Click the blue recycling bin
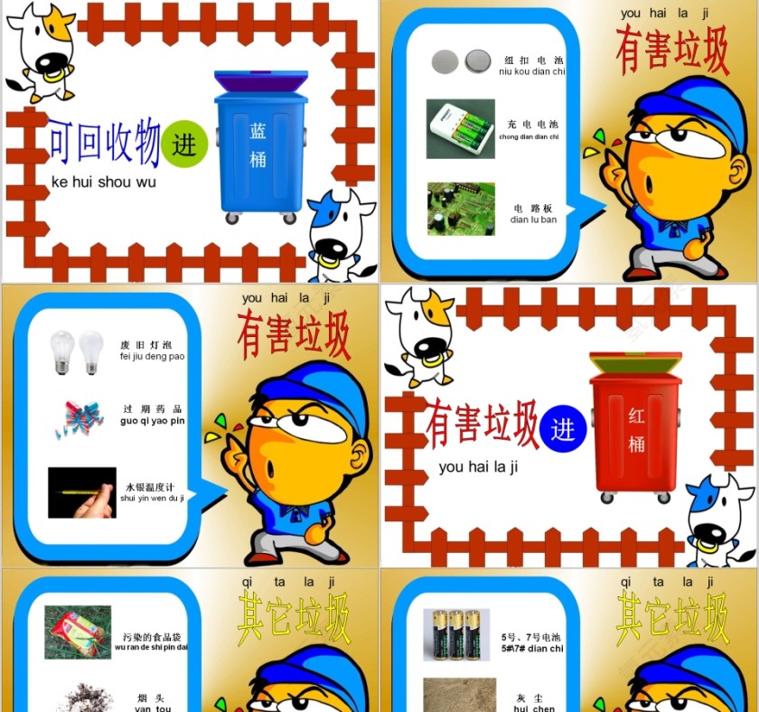260,149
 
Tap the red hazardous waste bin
635,429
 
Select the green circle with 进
185,145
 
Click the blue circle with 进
563,428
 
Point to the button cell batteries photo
460,61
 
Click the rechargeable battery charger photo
460,128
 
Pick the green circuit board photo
460,209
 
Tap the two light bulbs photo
76,351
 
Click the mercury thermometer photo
81,492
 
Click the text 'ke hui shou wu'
104,183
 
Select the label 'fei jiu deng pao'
152,356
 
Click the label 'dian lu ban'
533,220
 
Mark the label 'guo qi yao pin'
152,421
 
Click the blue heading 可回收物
103,143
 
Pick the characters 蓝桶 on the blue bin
258,145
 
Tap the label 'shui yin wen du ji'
152,498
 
